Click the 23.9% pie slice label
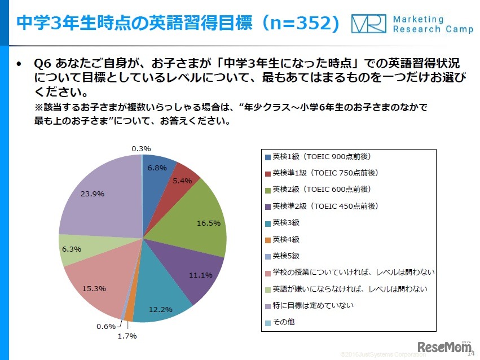[93, 193]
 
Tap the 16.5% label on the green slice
[209, 223]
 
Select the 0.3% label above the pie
[141, 149]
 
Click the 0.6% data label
[105, 326]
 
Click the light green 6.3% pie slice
[72, 248]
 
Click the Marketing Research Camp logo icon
[368, 24]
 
